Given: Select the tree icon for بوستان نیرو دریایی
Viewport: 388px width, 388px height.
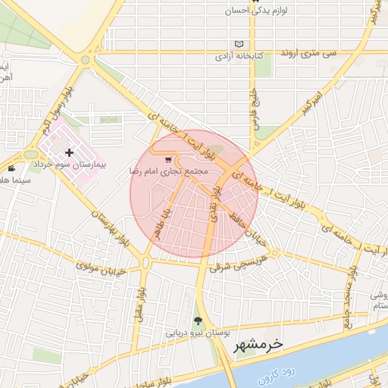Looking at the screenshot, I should [199, 321].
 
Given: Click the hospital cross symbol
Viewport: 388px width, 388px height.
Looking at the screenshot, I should [69, 152].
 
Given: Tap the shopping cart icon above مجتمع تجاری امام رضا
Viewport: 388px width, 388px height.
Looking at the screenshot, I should [167, 160].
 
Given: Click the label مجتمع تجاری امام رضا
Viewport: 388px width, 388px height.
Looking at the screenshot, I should [168, 172].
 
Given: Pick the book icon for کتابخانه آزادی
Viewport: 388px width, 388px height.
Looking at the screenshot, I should [240, 44].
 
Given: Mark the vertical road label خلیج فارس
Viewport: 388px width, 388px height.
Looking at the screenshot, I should [255, 113].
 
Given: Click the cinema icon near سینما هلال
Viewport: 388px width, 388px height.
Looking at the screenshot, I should [11, 168].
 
